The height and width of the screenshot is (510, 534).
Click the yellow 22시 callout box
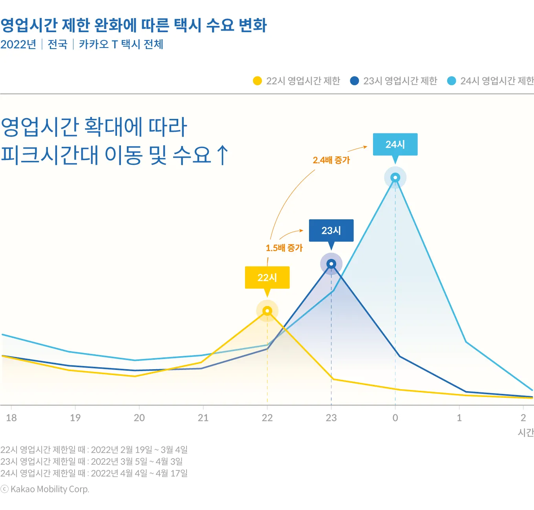pyautogui.click(x=267, y=277)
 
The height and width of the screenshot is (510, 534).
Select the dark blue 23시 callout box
pyautogui.click(x=331, y=230)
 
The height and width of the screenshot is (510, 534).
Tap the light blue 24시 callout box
pyautogui.click(x=395, y=144)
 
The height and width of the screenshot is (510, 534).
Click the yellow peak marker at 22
pyautogui.click(x=267, y=311)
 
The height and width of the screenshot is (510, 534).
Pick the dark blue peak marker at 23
pyautogui.click(x=331, y=264)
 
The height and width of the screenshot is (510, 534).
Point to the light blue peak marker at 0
pyautogui.click(x=395, y=178)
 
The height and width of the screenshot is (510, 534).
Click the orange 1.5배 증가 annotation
pyautogui.click(x=284, y=248)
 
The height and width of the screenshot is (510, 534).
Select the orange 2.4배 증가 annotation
pyautogui.click(x=331, y=160)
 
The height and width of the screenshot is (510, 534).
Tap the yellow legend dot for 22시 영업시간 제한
pyautogui.click(x=257, y=81)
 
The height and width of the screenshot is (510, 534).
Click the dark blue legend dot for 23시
pyautogui.click(x=354, y=81)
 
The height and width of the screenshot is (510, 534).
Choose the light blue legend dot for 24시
pyautogui.click(x=452, y=81)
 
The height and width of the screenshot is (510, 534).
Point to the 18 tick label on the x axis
pyautogui.click(x=11, y=418)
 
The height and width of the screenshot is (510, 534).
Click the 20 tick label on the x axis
pyautogui.click(x=139, y=418)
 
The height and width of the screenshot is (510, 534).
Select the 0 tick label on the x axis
pyautogui.click(x=395, y=418)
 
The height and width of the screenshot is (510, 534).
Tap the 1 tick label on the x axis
pyautogui.click(x=459, y=418)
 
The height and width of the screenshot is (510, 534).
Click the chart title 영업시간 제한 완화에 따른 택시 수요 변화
pyautogui.click(x=133, y=25)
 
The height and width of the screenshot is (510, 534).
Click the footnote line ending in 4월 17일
pyautogui.click(x=94, y=474)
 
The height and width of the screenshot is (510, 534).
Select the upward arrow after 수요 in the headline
pyautogui.click(x=222, y=155)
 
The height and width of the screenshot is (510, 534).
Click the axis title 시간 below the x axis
pyautogui.click(x=526, y=432)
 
